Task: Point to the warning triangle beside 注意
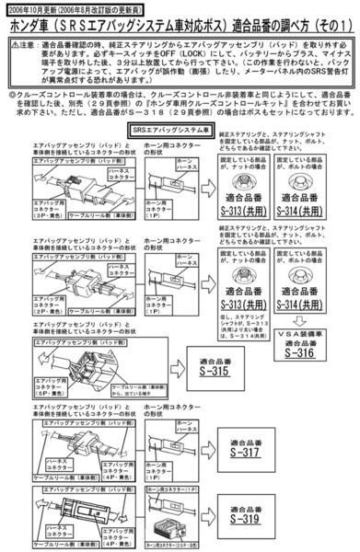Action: click(9, 42)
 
